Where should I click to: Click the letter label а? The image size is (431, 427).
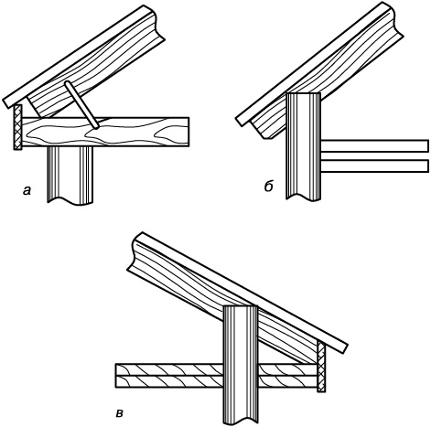(x=27, y=191)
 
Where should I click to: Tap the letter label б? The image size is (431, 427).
(x=268, y=186)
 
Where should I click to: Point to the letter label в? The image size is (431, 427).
(x=120, y=413)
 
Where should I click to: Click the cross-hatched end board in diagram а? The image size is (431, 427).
(x=17, y=127)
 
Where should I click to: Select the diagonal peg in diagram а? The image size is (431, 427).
(x=81, y=105)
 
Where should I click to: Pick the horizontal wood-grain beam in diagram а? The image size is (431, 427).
(x=105, y=132)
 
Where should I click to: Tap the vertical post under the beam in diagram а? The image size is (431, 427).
(x=70, y=176)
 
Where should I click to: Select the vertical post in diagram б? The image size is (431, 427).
(x=304, y=146)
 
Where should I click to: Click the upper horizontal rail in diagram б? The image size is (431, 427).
(x=375, y=145)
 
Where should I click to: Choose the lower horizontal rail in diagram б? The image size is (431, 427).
(x=375, y=165)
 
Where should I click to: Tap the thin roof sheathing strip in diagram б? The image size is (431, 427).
(x=314, y=62)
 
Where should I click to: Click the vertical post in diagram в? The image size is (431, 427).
(x=241, y=364)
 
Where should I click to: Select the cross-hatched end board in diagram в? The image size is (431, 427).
(x=321, y=366)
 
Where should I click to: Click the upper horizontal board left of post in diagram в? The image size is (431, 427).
(x=169, y=369)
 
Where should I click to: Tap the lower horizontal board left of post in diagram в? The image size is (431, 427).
(x=169, y=381)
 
